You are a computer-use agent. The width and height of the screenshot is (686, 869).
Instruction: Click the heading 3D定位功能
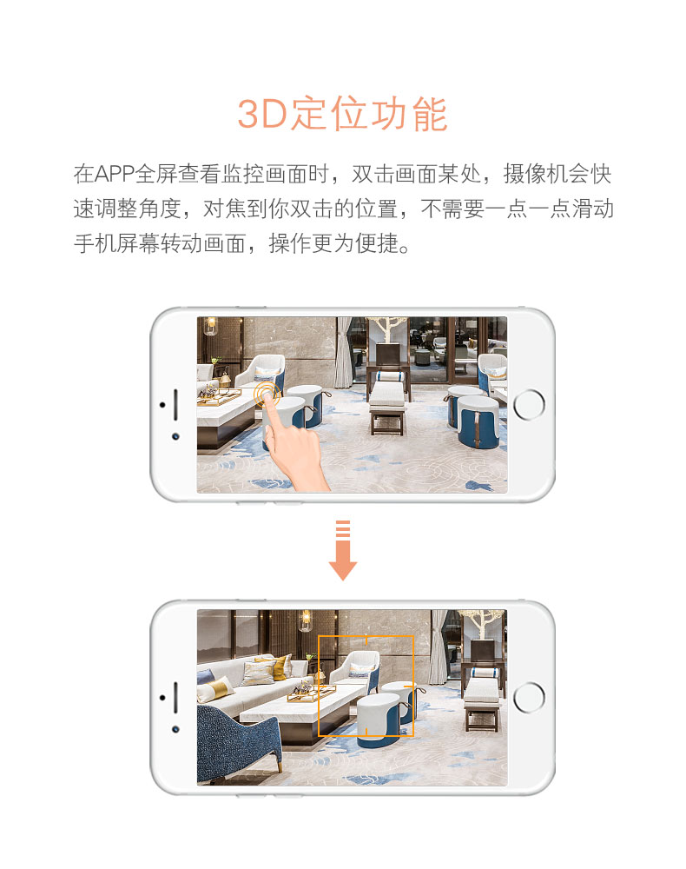click(342, 114)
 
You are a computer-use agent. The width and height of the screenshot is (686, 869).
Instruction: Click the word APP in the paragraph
click(114, 174)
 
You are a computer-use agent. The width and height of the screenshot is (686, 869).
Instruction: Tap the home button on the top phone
click(529, 405)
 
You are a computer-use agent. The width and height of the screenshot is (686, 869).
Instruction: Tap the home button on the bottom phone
click(529, 697)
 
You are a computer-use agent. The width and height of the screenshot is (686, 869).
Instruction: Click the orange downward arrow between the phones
click(343, 550)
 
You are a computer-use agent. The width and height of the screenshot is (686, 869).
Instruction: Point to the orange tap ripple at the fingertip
click(267, 394)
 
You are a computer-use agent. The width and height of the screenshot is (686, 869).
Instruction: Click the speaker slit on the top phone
click(175, 405)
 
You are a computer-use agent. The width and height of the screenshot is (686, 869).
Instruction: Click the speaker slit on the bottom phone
click(175, 697)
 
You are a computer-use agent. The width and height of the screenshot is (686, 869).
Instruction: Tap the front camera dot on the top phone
click(175, 436)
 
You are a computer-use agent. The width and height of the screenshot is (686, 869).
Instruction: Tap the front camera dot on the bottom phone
click(175, 729)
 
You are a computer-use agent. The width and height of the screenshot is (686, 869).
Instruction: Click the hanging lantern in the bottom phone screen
click(305, 620)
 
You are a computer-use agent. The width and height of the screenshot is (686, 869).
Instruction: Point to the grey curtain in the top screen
click(344, 353)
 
